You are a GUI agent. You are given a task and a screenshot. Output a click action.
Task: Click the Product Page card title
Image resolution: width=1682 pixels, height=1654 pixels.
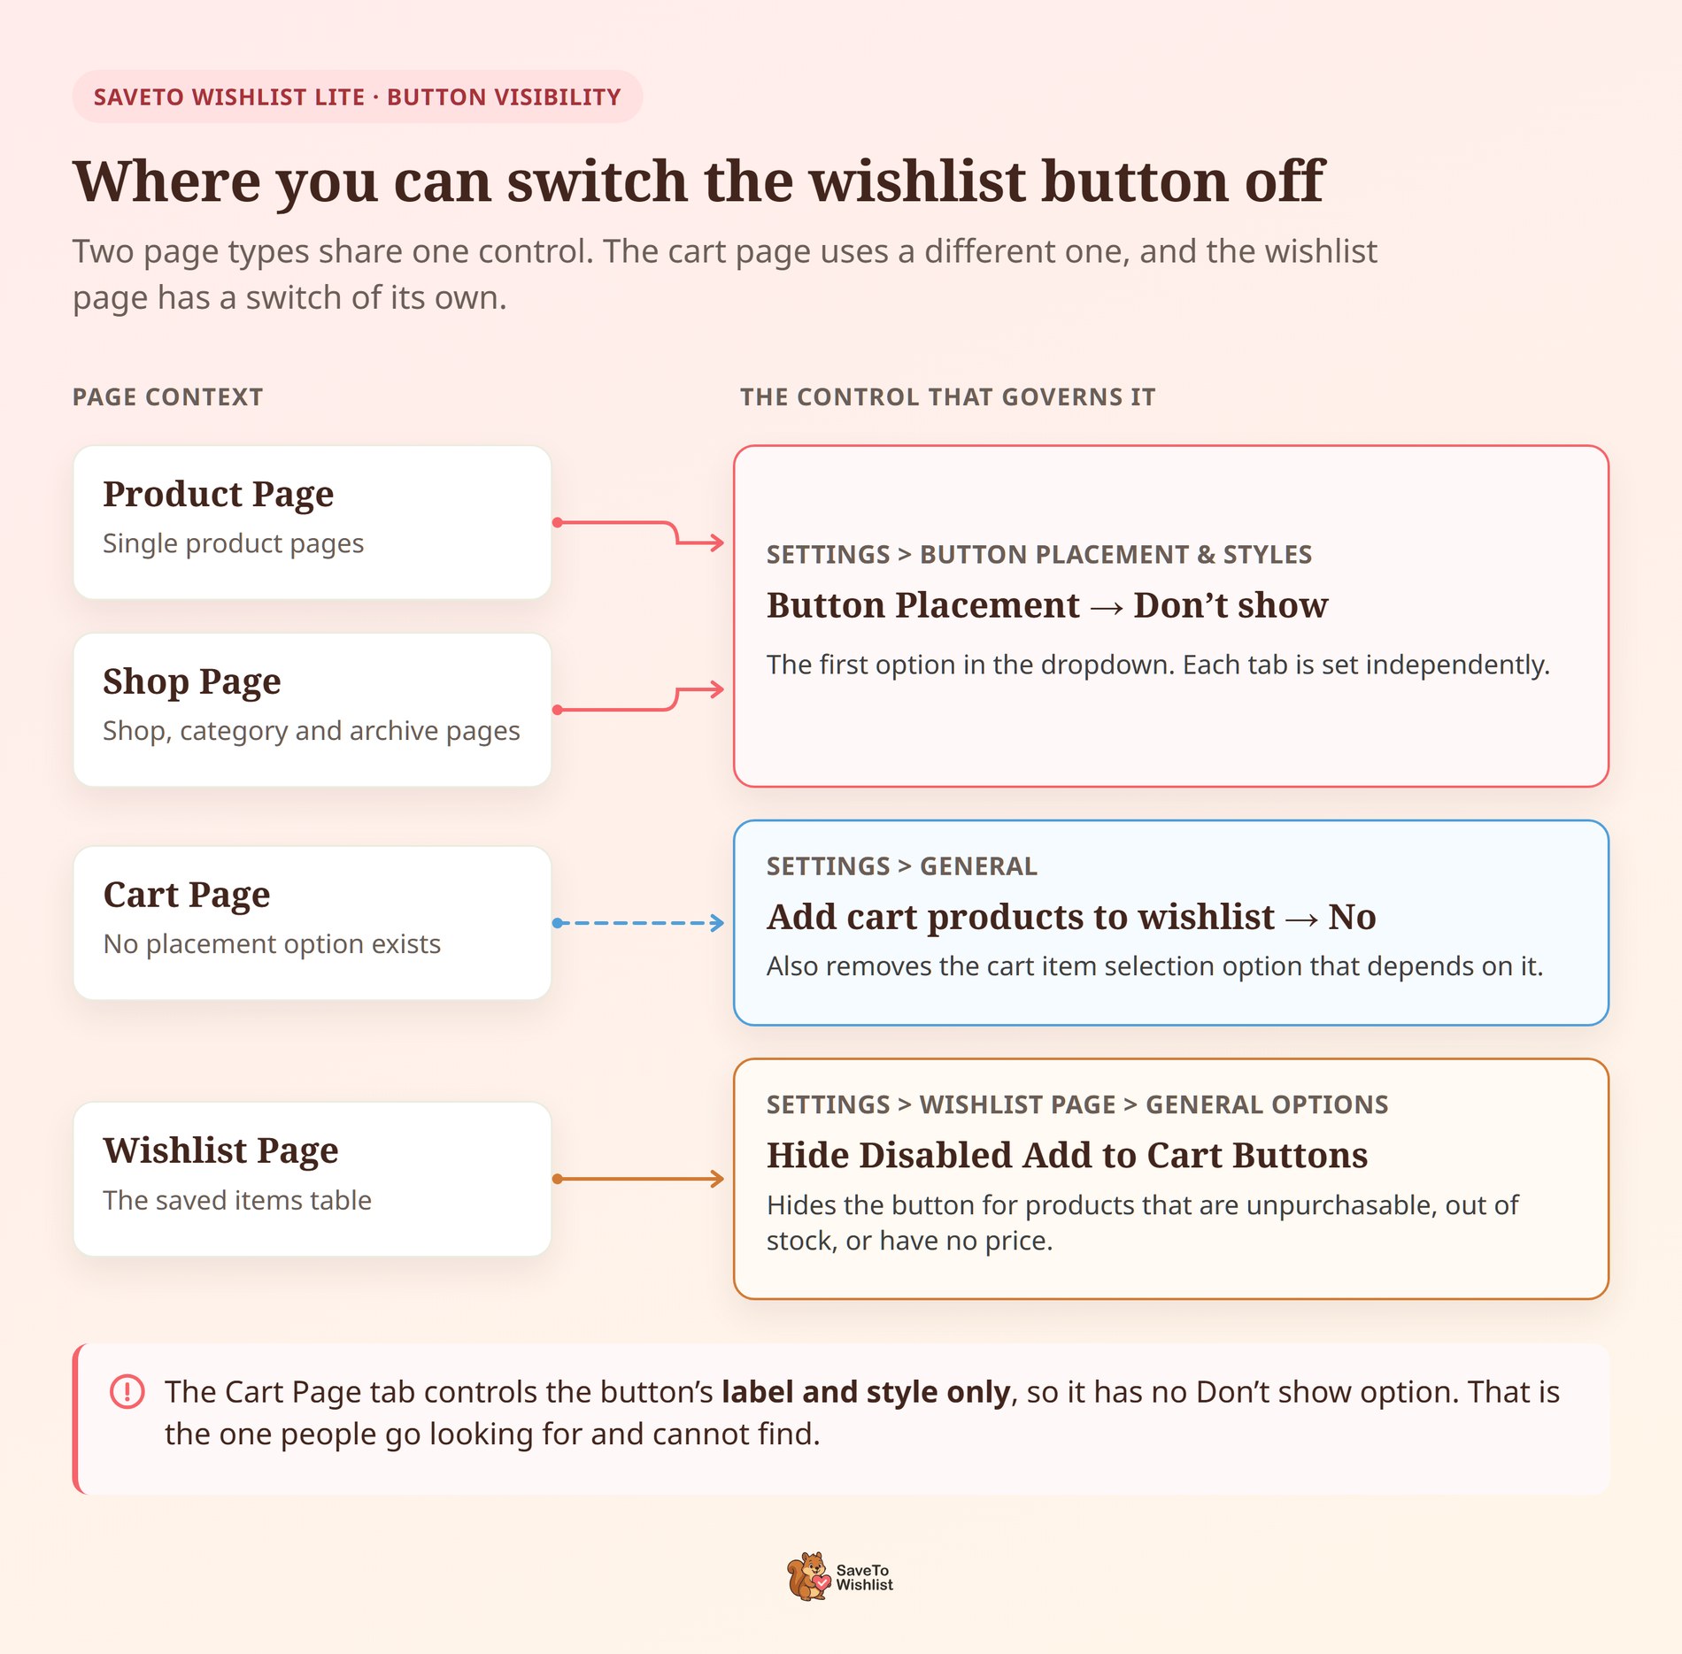tap(219, 495)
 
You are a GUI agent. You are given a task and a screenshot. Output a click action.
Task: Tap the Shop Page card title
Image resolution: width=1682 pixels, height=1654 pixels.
tap(192, 682)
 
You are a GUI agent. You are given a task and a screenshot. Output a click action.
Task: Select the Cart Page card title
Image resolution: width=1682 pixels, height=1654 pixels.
tap(187, 896)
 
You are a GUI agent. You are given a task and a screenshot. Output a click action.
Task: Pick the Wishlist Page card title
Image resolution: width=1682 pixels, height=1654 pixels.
tap(220, 1151)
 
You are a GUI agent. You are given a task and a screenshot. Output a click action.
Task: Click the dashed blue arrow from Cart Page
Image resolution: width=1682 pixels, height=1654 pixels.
tap(638, 923)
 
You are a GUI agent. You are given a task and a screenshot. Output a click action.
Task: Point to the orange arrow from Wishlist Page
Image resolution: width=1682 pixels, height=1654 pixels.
tap(638, 1179)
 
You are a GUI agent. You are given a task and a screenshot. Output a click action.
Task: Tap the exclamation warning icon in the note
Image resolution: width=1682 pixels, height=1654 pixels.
tap(127, 1391)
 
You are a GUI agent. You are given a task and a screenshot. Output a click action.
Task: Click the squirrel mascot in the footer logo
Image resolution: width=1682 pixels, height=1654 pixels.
tap(808, 1576)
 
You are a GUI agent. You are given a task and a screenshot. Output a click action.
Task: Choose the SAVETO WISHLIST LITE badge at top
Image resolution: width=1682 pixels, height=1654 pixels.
tap(358, 96)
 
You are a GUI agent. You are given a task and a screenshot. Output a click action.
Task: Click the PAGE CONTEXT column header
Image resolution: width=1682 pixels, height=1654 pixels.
tap(168, 396)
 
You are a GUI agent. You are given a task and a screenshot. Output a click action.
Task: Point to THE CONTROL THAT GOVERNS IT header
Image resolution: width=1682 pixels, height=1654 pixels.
tap(948, 396)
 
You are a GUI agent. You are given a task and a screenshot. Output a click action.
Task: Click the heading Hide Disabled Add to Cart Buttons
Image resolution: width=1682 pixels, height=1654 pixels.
tap(1068, 1155)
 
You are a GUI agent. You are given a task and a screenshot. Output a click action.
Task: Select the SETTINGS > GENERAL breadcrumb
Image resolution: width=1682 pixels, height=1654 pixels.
tap(902, 866)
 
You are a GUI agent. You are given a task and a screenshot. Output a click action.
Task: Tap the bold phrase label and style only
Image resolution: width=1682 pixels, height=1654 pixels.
tap(866, 1393)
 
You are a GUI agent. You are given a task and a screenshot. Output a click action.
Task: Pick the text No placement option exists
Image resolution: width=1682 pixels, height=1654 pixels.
tap(272, 944)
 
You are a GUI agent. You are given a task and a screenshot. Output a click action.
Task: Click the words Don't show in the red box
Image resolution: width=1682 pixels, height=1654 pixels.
tap(1231, 605)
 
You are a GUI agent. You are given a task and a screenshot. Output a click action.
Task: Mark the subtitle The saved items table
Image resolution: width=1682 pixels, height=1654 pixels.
tap(237, 1200)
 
